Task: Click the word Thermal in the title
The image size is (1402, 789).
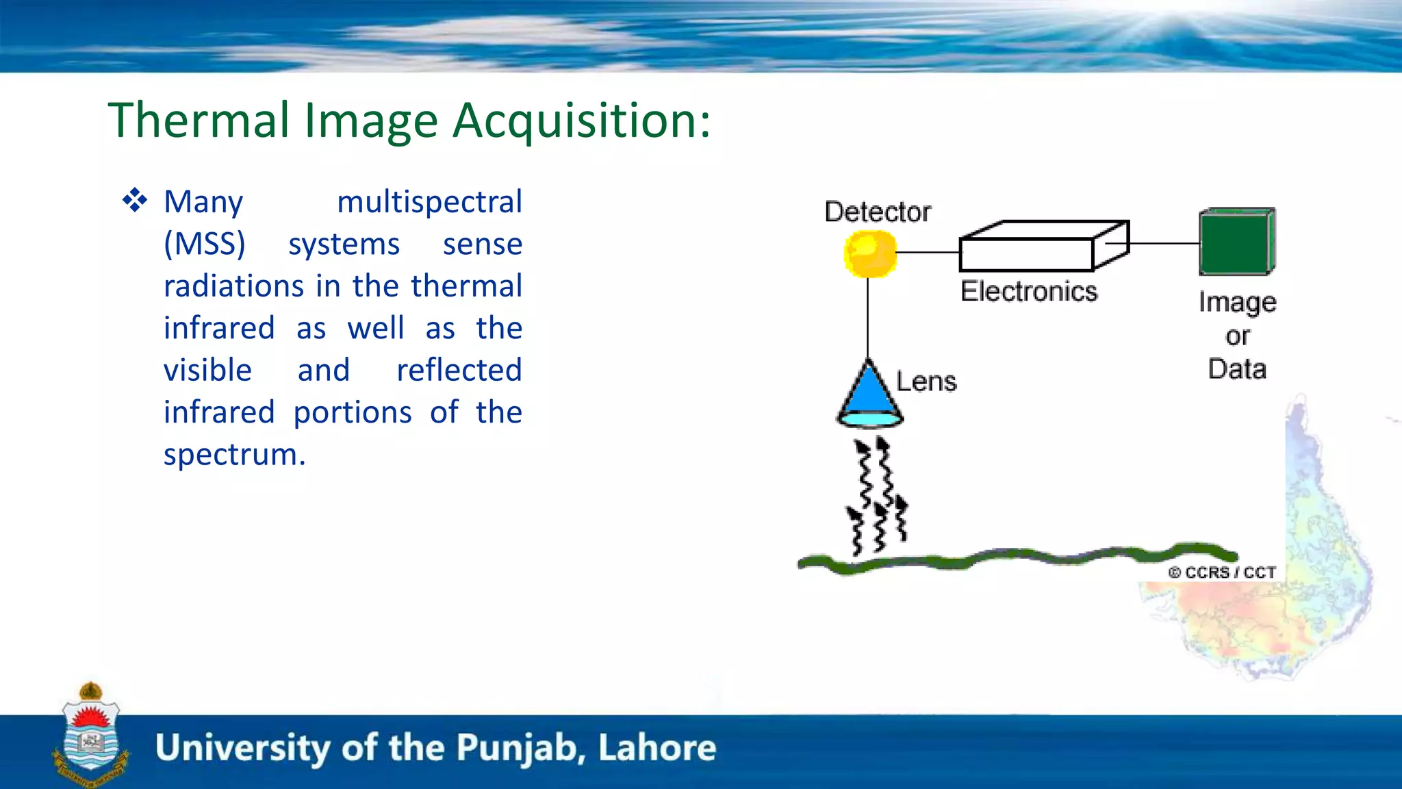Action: [x=199, y=121]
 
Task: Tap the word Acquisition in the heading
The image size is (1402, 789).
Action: [x=582, y=121]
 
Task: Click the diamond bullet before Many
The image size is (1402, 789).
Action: [x=135, y=201]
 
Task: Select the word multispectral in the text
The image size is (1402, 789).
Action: [x=429, y=202]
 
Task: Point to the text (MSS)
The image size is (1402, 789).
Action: [x=204, y=244]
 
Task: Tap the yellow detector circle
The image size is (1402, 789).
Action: [x=869, y=253]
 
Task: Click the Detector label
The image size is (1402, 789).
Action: [x=877, y=212]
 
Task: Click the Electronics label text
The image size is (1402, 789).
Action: [x=1028, y=292]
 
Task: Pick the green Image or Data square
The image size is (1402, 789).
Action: [x=1236, y=242]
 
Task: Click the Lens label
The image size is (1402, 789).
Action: [x=926, y=381]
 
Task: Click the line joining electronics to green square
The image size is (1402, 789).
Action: [x=1164, y=243]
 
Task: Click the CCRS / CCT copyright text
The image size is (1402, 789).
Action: [x=1222, y=573]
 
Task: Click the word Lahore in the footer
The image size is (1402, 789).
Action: [x=657, y=748]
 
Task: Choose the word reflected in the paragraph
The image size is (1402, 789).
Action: [x=459, y=371]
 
